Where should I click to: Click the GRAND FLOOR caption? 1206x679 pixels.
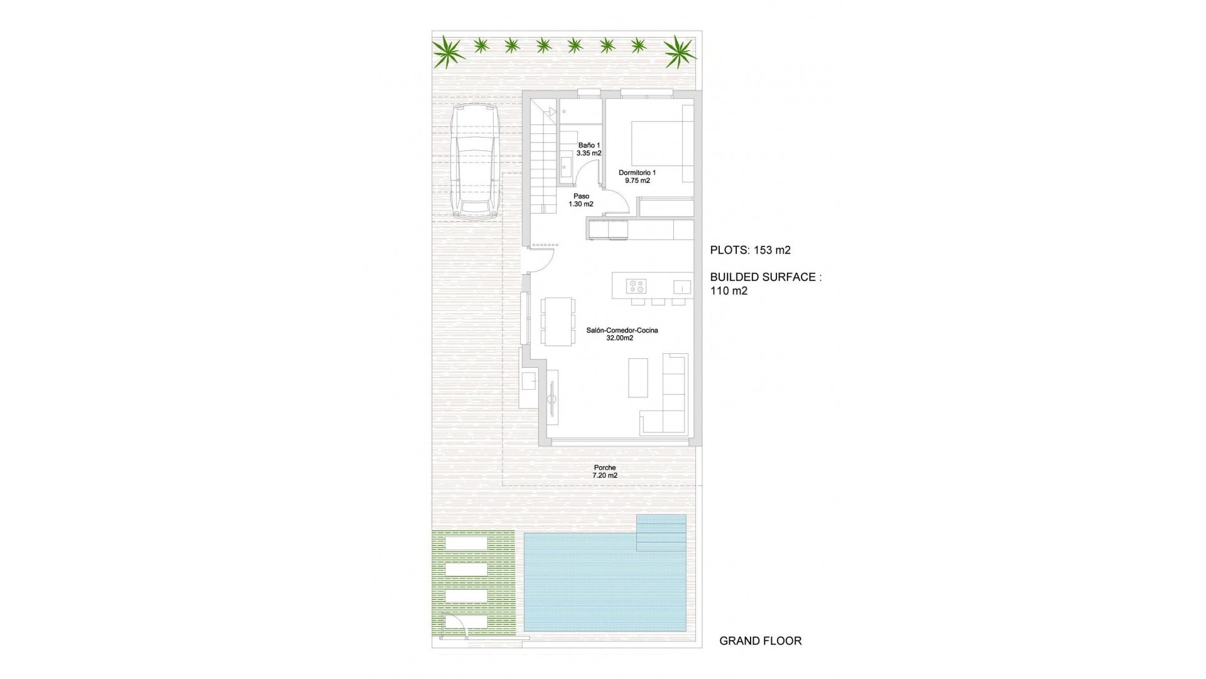(x=760, y=641)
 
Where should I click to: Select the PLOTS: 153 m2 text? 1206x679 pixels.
(x=750, y=250)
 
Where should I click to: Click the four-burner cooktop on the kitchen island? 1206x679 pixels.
(x=636, y=286)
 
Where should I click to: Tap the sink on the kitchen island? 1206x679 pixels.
(x=682, y=287)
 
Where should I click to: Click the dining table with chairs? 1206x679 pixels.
(x=558, y=321)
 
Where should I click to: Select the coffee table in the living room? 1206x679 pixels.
(x=638, y=377)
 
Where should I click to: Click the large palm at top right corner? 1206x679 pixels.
(x=680, y=52)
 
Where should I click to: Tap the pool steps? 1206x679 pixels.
(x=661, y=533)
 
